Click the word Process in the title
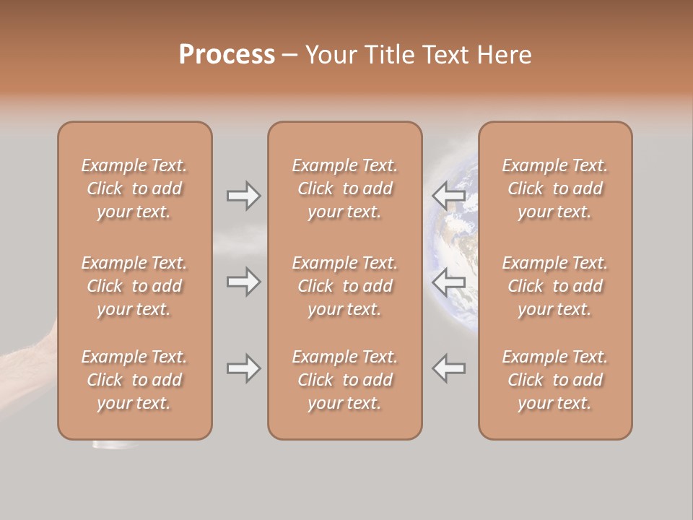point(227,55)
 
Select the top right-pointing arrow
point(243,196)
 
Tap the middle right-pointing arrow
point(243,282)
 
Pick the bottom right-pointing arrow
point(243,368)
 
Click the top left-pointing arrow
point(449,196)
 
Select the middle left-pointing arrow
point(449,282)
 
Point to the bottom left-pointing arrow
point(449,368)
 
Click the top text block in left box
point(134,188)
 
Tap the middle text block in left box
point(134,286)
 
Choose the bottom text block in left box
point(134,380)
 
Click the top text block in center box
point(344,188)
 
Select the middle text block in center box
point(344,286)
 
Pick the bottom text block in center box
point(344,380)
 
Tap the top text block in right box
point(554,188)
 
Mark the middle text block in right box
point(554,286)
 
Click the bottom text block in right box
point(554,380)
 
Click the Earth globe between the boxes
point(451,238)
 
